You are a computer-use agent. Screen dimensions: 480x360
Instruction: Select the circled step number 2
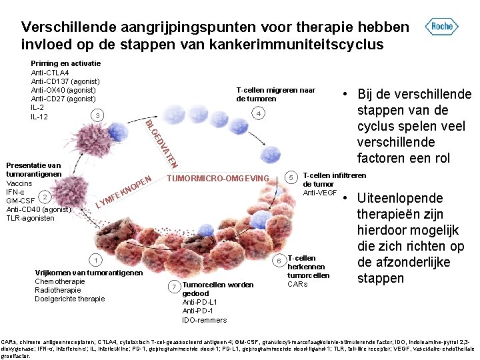[43, 196]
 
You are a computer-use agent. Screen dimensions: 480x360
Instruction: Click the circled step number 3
[98, 116]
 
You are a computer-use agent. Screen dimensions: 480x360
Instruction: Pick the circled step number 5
[291, 177]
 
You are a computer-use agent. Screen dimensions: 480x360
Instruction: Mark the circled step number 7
[173, 286]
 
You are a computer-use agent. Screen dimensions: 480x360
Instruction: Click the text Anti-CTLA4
[50, 73]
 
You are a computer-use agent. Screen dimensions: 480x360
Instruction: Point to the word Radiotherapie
[59, 290]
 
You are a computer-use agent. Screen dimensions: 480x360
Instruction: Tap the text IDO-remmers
[204, 320]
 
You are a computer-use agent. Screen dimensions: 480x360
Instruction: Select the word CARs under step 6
[297, 284]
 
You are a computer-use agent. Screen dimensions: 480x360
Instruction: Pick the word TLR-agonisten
[31, 218]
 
